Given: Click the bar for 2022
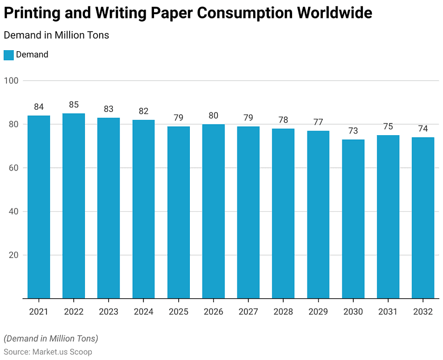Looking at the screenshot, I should (x=74, y=206).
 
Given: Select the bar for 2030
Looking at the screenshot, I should (x=353, y=219).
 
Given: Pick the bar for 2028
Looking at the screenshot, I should (x=283, y=213).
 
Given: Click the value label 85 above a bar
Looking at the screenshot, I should (x=74, y=105).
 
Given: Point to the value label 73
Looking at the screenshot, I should (x=353, y=130).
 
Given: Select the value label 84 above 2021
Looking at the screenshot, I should (x=39, y=107).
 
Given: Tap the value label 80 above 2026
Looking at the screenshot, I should (x=214, y=116).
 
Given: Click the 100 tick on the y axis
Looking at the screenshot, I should (x=12, y=81).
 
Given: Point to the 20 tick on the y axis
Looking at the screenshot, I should (x=14, y=255).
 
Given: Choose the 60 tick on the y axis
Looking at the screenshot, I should (x=14, y=168).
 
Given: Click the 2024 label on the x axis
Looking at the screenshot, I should (x=143, y=311).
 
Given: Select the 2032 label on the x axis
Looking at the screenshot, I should (x=423, y=311).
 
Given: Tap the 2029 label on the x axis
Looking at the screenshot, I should (x=318, y=311).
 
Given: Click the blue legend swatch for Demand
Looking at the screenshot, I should (x=8, y=55).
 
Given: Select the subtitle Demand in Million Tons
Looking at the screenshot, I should (x=56, y=35).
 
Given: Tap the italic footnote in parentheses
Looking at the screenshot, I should (x=51, y=338).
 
